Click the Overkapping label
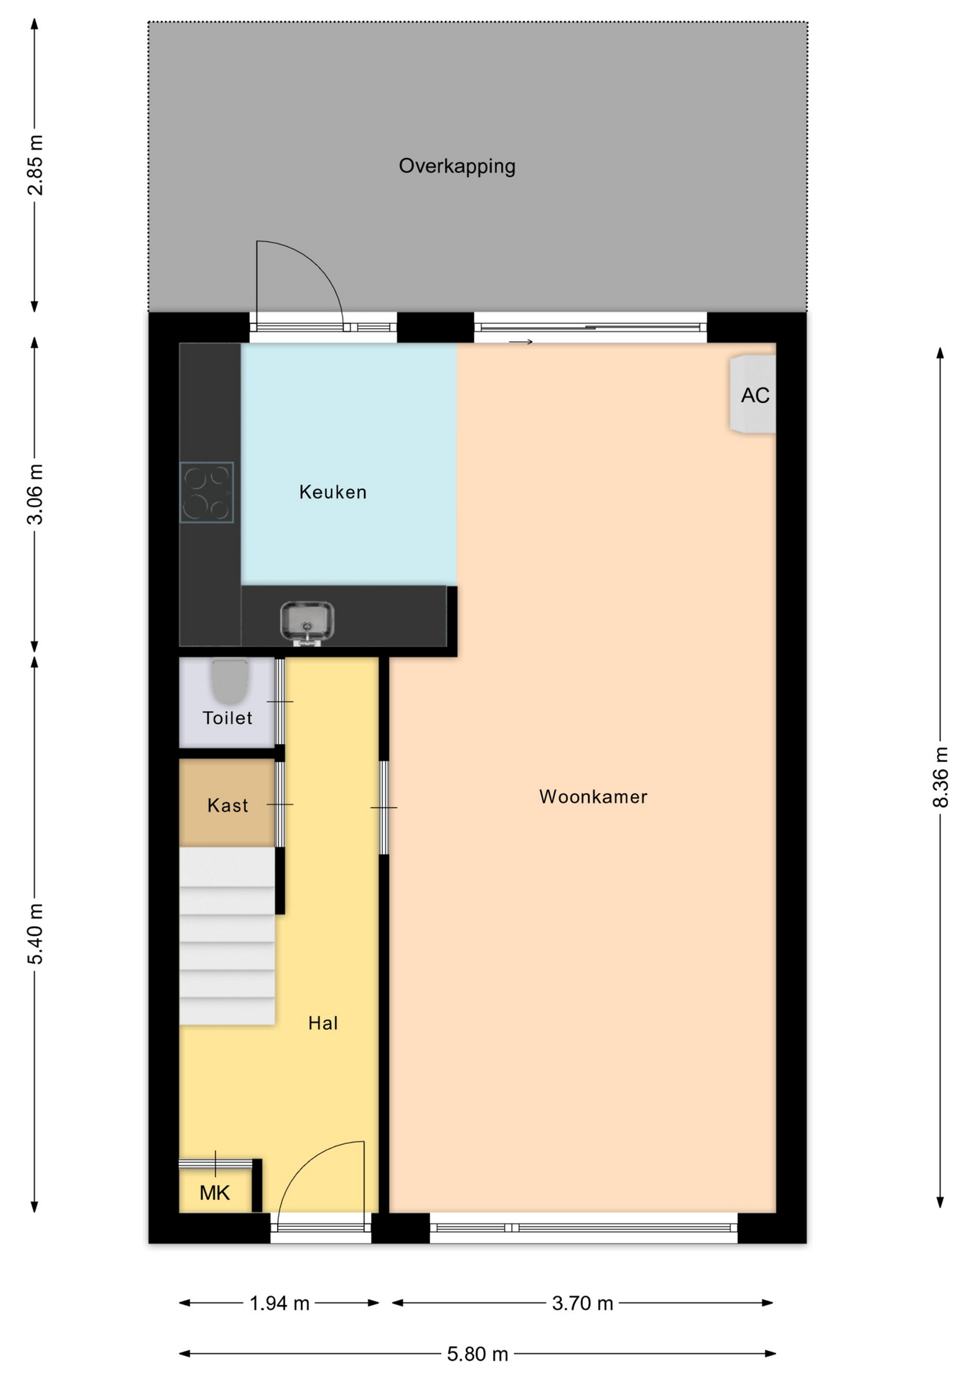point(457,167)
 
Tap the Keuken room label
point(333,492)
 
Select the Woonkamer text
point(593,797)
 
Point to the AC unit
point(753,394)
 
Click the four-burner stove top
point(207,492)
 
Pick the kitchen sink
point(307,622)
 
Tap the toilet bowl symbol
point(230,682)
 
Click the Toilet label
point(228,718)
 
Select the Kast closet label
point(228,805)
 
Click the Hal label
point(323,1023)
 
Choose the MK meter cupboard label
point(215,1193)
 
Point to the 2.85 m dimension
point(35,165)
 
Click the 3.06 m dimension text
point(35,494)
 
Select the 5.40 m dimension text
point(35,934)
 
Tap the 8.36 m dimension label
point(941,777)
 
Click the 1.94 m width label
point(279,1303)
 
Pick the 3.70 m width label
point(582,1303)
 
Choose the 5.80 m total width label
point(477,1354)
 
